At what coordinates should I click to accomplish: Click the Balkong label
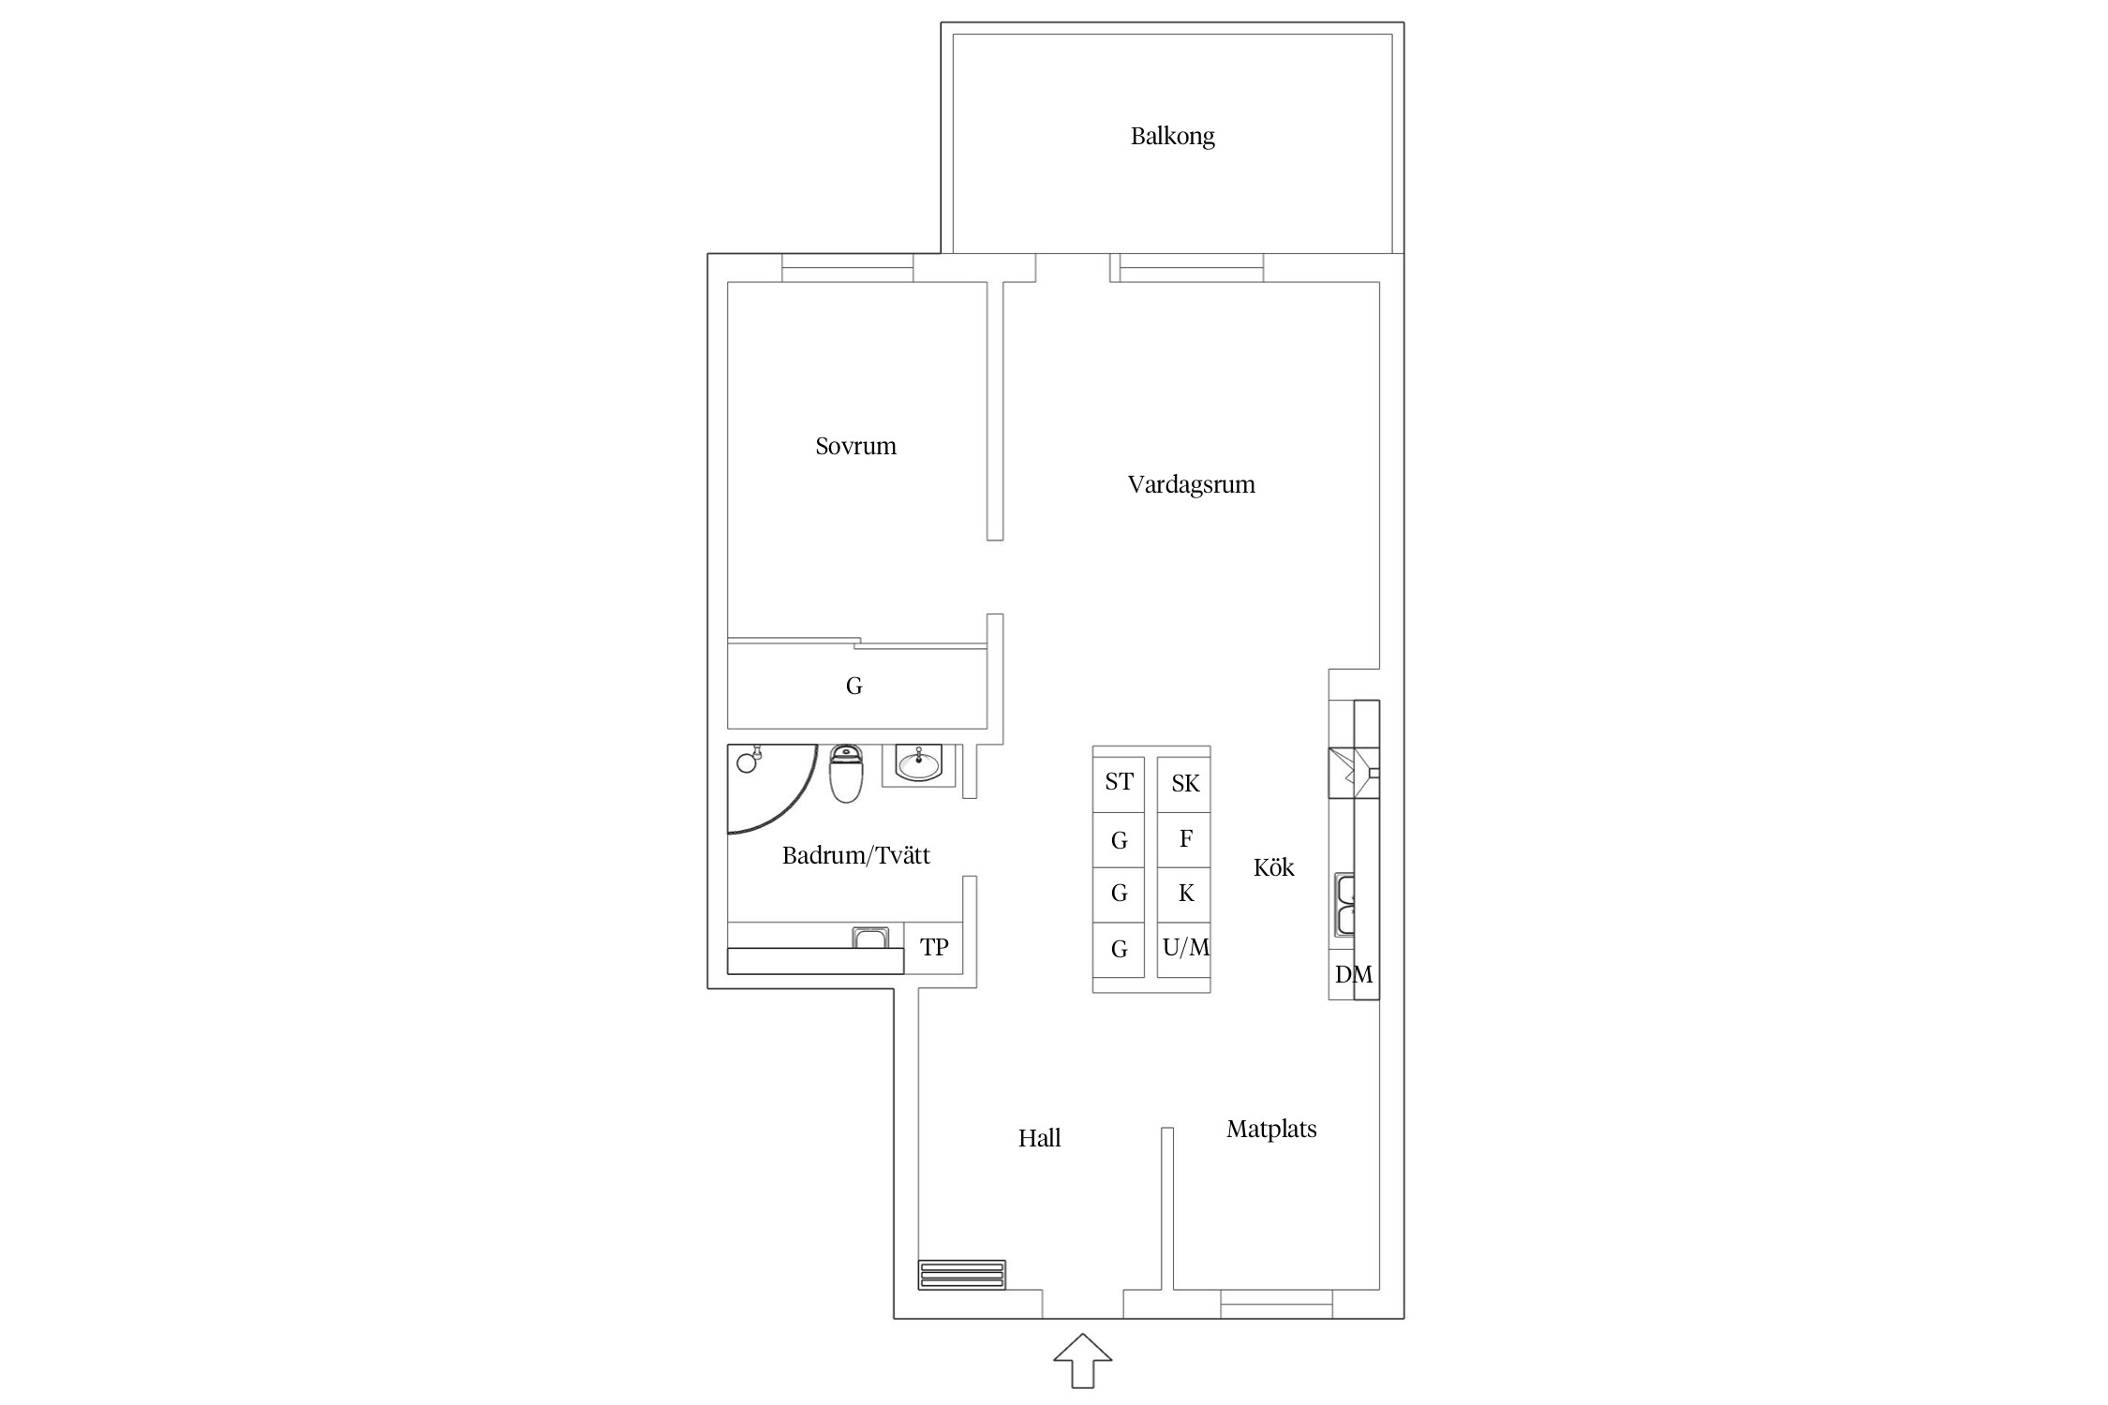(1172, 137)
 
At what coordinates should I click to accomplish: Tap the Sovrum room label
(855, 446)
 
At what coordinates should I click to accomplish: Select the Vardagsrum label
(1191, 485)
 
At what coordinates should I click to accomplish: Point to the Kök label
(1273, 867)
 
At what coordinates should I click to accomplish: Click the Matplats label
(1271, 1129)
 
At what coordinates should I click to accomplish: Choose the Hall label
(1039, 1138)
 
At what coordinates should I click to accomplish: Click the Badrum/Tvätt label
(855, 855)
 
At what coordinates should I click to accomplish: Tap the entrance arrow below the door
(1082, 1360)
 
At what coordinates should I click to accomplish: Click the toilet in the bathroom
(846, 774)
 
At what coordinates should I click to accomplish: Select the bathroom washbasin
(918, 764)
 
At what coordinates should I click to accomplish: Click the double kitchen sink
(1344, 905)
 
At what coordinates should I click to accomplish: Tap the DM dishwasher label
(1353, 975)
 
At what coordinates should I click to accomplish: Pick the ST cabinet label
(1119, 782)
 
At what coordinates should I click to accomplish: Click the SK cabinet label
(1185, 783)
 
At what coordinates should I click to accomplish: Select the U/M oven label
(1185, 948)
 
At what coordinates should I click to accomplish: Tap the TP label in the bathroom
(934, 948)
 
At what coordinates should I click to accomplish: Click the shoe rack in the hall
(962, 1275)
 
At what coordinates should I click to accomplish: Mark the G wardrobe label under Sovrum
(854, 687)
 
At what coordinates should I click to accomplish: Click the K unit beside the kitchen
(1186, 894)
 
